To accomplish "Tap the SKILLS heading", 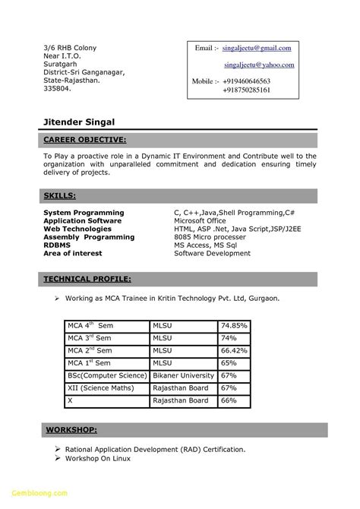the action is point(59,197).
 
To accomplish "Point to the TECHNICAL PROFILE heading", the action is point(87,279).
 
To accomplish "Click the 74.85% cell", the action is point(235,324).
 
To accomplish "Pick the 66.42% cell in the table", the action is point(235,350).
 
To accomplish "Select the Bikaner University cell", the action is point(184,377).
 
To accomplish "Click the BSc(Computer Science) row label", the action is point(106,377).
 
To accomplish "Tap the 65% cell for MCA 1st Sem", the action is point(229,363).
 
